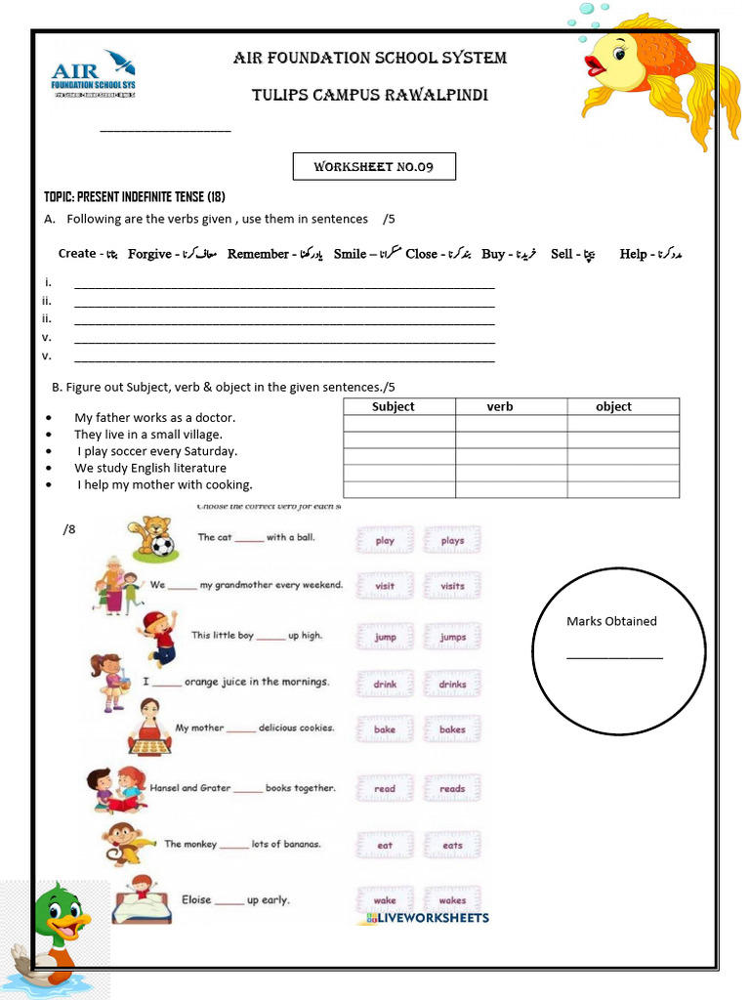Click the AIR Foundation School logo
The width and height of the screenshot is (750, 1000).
point(93,74)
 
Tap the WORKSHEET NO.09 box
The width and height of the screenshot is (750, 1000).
point(374,167)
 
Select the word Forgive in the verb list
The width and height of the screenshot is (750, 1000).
point(149,254)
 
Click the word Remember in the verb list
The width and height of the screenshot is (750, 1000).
point(258,254)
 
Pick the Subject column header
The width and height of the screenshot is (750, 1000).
point(394,407)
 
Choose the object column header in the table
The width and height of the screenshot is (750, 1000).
point(613,407)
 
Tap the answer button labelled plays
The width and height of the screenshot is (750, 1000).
point(452,540)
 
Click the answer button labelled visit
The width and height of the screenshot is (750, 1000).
point(385,586)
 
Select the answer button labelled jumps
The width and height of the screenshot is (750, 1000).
point(452,637)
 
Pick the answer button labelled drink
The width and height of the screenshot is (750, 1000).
point(385,684)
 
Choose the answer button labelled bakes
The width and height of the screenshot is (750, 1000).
point(452,729)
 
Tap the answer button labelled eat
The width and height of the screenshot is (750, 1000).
point(385,845)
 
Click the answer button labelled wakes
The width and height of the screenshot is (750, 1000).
point(452,900)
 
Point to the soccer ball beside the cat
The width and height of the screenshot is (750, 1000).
point(162,546)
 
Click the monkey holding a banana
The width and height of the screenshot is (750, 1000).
point(122,843)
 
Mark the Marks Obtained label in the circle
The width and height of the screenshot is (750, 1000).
point(611,621)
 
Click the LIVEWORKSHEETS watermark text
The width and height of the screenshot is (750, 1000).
point(429,918)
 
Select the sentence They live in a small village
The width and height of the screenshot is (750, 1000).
point(147,435)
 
